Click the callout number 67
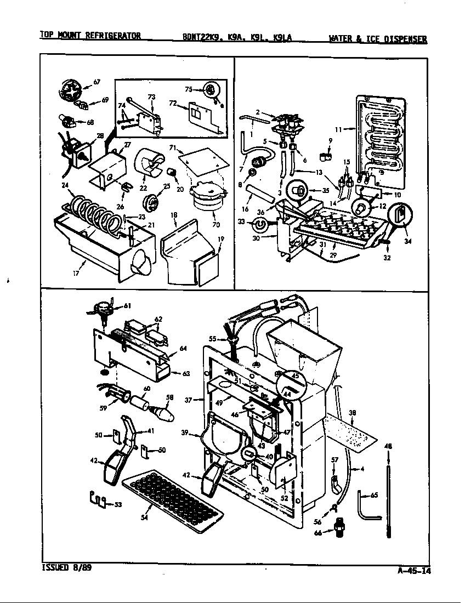(x=97, y=82)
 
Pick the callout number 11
(x=338, y=129)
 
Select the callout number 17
(x=76, y=272)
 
